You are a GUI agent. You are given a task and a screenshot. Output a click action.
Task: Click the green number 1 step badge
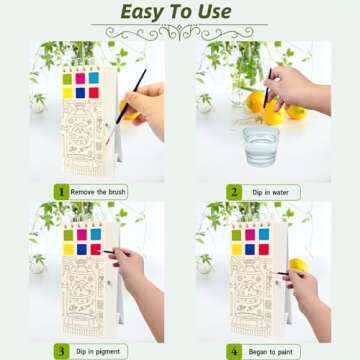[61, 191]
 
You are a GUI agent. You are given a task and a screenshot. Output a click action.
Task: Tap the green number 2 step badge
[233, 191]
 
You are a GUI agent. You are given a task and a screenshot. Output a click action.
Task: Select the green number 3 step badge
[61, 351]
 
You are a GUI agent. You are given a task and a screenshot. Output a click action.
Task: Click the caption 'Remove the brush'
[98, 191]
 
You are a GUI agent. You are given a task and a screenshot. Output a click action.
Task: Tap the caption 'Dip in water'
[264, 191]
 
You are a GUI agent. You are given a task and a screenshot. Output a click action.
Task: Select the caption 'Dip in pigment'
[96, 351]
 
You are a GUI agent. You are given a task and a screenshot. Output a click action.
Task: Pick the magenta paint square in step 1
[80, 78]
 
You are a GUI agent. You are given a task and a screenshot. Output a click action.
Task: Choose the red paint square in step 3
[95, 250]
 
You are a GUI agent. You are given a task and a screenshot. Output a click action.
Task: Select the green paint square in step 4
[237, 236]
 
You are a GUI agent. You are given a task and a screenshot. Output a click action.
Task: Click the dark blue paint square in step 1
[80, 93]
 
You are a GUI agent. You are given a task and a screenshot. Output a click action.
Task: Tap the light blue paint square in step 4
[265, 236]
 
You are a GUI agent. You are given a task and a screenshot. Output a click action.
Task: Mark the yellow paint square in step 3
[68, 250]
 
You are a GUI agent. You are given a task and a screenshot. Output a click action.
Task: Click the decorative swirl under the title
[180, 32]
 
